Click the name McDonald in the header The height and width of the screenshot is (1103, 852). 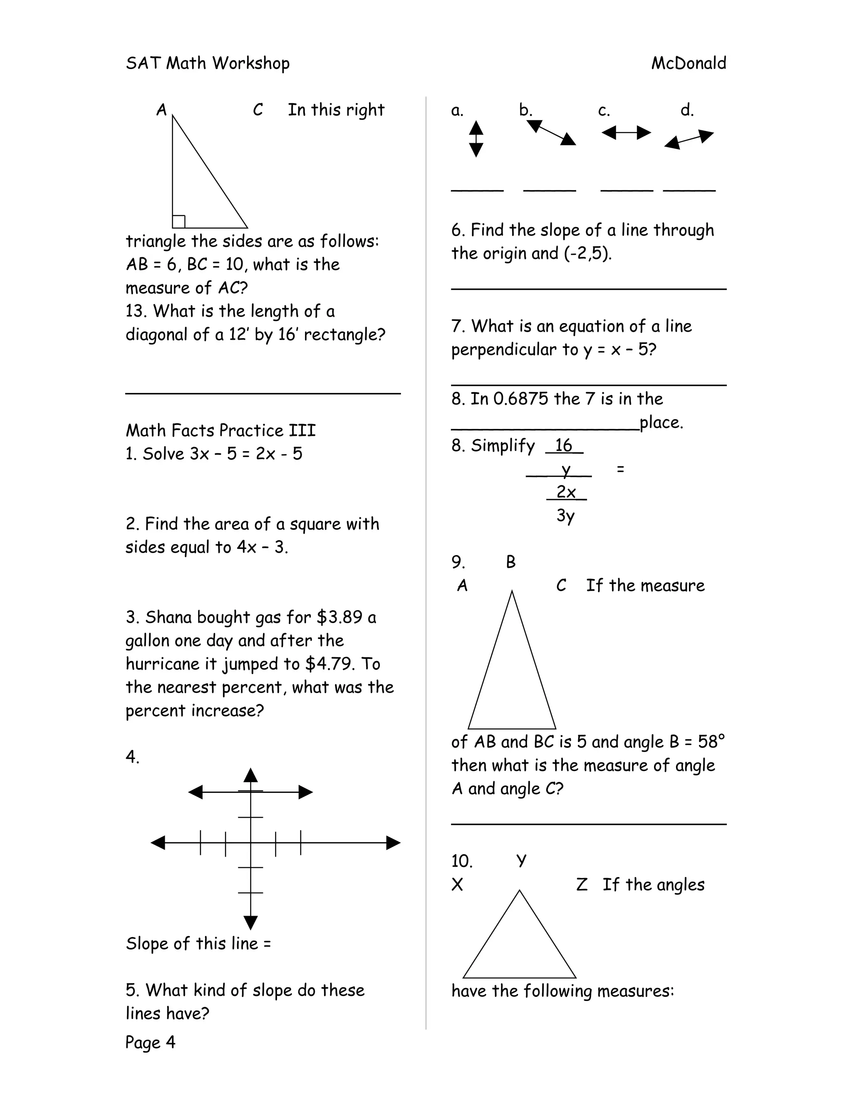point(689,63)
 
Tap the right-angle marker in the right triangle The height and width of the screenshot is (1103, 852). point(178,222)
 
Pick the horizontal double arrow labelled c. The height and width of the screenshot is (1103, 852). point(626,133)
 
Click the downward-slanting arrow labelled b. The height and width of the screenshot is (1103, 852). point(551,133)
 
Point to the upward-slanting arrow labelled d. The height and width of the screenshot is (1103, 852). point(689,139)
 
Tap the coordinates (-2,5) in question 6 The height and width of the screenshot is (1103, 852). point(587,253)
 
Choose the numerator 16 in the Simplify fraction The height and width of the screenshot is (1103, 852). point(563,445)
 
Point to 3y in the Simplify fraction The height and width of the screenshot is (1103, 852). point(565,515)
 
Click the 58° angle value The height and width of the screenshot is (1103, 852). point(711,741)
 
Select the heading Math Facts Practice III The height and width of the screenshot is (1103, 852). point(220,430)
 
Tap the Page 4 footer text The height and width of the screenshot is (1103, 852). point(150,1042)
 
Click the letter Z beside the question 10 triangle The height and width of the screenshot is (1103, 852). point(582,884)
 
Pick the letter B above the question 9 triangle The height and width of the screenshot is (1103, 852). point(511,561)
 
